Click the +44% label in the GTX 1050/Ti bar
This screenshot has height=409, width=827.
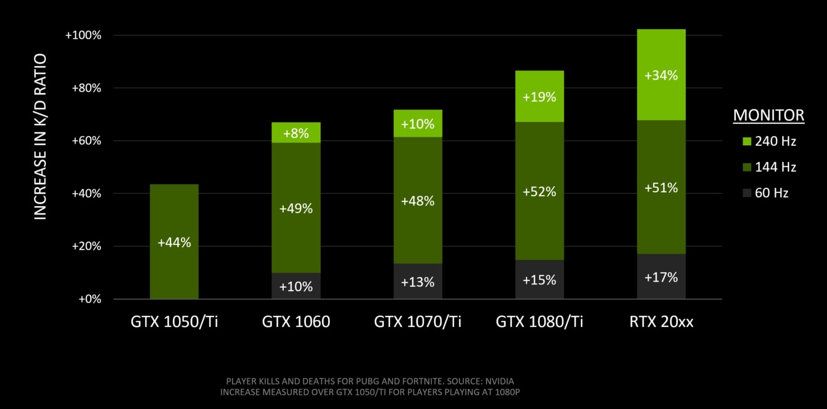[x=174, y=242]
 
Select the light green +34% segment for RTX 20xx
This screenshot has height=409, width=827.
[x=661, y=75]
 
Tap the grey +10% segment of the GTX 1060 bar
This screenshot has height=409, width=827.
[x=296, y=286]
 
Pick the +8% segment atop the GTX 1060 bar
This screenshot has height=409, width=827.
[x=296, y=133]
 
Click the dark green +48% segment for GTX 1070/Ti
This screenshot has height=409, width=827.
[x=417, y=201]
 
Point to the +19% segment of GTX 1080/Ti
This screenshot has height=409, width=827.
[x=539, y=97]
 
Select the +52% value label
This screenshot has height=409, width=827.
[x=539, y=192]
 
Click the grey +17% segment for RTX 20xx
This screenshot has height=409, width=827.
[x=661, y=277]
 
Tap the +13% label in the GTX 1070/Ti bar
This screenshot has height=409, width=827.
[x=417, y=282]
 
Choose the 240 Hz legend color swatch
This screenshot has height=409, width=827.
[x=747, y=141]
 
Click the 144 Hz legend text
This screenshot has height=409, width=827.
[x=776, y=167]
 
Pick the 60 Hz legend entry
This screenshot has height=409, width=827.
[x=771, y=193]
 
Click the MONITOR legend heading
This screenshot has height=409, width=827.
[x=768, y=116]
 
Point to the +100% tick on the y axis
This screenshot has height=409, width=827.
[x=83, y=35]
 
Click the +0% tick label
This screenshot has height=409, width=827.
[x=89, y=299]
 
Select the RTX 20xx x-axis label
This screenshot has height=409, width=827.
[x=661, y=322]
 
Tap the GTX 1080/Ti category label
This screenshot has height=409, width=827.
[x=539, y=322]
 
